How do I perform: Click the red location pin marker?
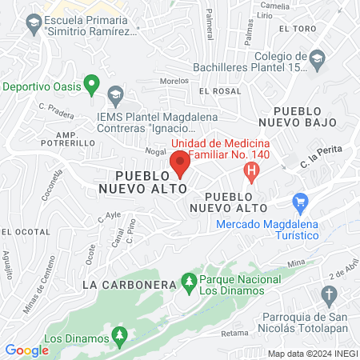(179, 163)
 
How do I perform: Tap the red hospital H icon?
(252, 170)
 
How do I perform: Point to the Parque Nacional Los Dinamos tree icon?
(189, 281)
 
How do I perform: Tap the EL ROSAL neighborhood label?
(219, 91)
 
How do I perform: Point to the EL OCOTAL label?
(18, 231)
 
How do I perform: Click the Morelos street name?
(174, 81)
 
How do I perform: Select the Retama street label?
(234, 332)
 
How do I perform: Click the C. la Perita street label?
(316, 164)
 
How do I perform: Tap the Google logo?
(27, 350)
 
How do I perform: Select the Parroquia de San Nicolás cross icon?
(328, 296)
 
